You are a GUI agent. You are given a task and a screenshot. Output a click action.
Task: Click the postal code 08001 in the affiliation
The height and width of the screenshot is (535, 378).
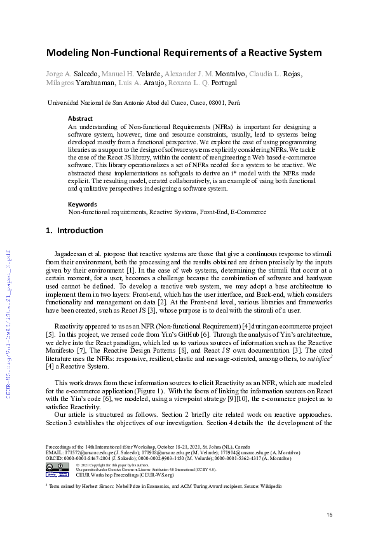216,102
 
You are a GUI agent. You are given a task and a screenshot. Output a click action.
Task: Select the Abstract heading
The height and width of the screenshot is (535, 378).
80,118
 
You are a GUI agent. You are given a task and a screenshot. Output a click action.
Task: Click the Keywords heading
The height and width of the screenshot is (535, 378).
83,204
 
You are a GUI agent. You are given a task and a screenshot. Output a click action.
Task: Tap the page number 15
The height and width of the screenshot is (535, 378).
329,514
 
